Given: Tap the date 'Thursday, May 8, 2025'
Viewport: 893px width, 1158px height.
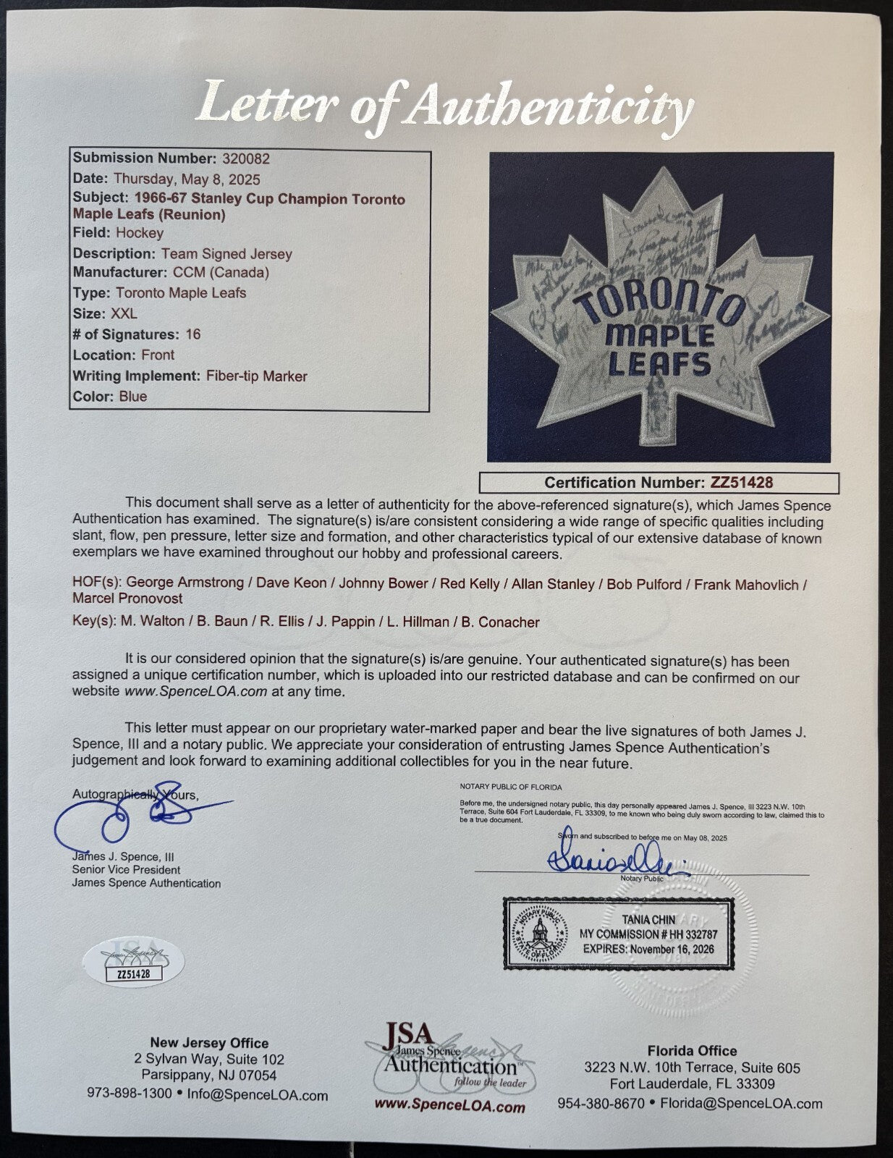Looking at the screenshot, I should click(x=186, y=179).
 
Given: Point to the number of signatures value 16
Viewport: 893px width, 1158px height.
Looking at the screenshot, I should click(x=192, y=334).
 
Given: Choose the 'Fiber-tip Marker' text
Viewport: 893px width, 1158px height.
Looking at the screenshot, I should click(x=255, y=376).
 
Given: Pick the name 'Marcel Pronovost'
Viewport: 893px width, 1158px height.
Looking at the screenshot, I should click(x=127, y=599).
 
